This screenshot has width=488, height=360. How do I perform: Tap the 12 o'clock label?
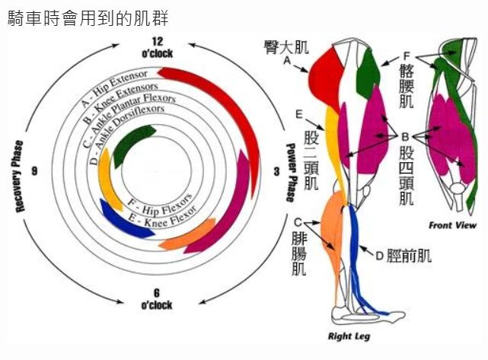pos(156,47)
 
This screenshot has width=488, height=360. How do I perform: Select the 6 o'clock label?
pos(156,299)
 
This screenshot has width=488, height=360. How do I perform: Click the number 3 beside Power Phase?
pos(276,173)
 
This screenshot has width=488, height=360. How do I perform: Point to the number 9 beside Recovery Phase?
pos(34,171)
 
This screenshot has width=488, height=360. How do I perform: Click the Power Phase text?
pos(290,173)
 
